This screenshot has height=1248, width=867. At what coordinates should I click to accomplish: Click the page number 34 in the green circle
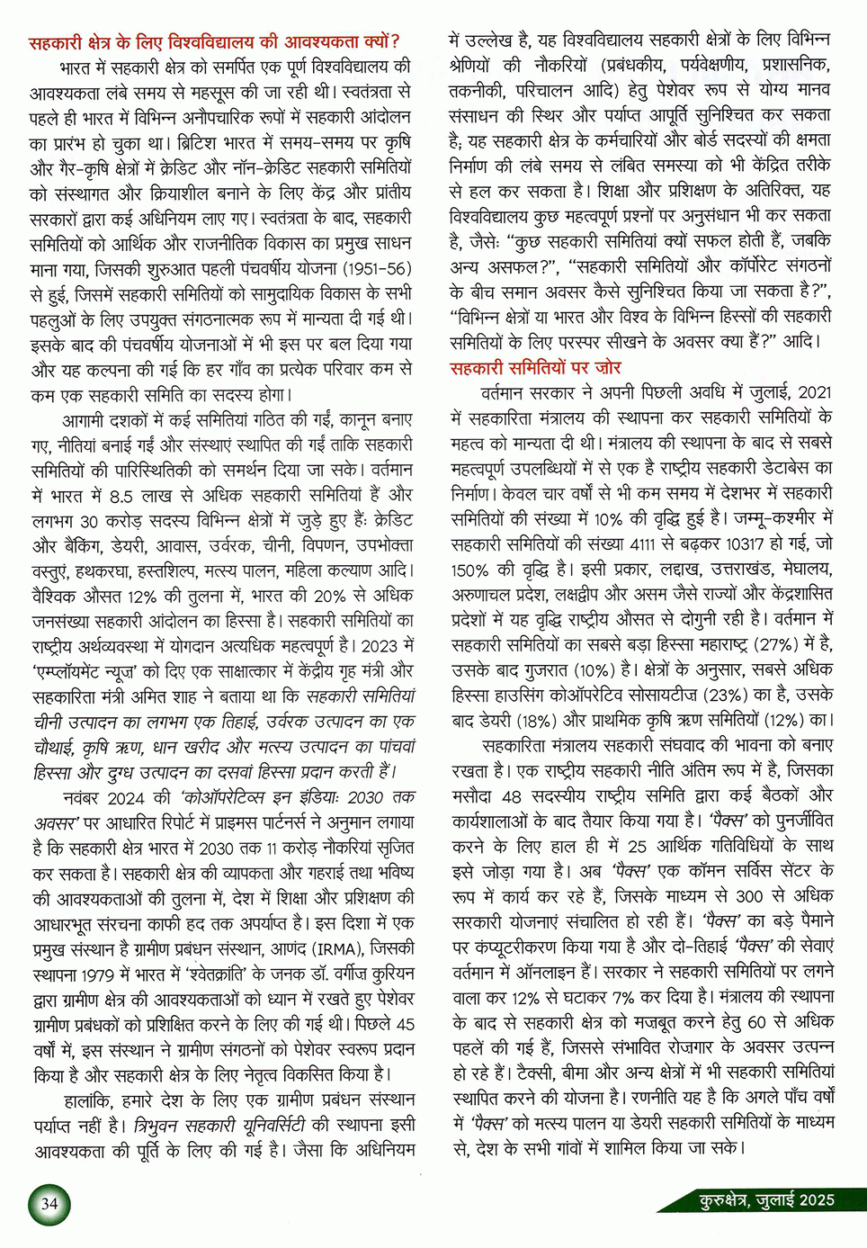click(x=49, y=1204)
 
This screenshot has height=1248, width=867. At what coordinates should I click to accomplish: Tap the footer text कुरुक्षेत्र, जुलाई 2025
click(x=767, y=1200)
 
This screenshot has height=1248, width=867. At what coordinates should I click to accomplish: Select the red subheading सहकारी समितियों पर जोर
click(x=535, y=367)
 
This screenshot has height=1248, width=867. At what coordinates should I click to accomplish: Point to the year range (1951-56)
click(x=362, y=268)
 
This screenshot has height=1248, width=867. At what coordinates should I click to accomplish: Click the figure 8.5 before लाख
click(x=121, y=495)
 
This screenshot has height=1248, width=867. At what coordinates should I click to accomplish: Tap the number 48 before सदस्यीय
click(x=512, y=795)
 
